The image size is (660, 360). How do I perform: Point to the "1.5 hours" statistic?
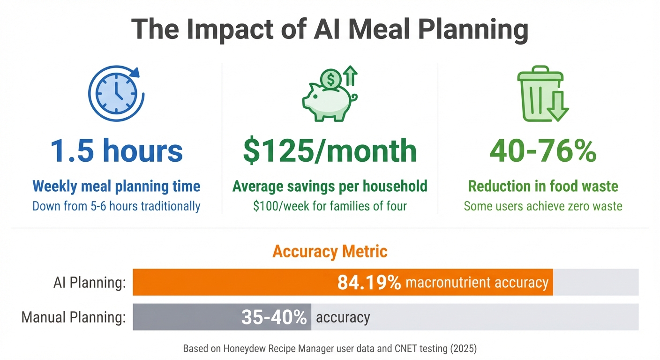tap(116, 150)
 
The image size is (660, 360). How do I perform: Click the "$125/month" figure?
tap(330, 150)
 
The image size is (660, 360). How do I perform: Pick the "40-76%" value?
tap(543, 150)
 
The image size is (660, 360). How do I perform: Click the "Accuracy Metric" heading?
tap(330, 252)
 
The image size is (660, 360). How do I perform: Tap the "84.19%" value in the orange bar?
tap(369, 283)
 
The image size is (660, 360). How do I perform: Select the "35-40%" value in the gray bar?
tap(274, 317)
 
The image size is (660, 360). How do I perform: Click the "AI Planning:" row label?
tap(89, 283)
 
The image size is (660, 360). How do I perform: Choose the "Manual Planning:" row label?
tap(74, 317)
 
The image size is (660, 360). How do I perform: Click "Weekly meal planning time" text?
tap(116, 186)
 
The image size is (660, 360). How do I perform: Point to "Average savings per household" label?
tap(330, 186)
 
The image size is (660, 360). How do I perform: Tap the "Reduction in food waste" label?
tap(543, 186)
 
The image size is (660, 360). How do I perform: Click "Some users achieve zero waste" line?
tap(543, 205)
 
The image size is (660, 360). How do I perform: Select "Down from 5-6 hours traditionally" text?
tap(116, 205)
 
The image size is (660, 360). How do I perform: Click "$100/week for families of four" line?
tap(330, 205)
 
